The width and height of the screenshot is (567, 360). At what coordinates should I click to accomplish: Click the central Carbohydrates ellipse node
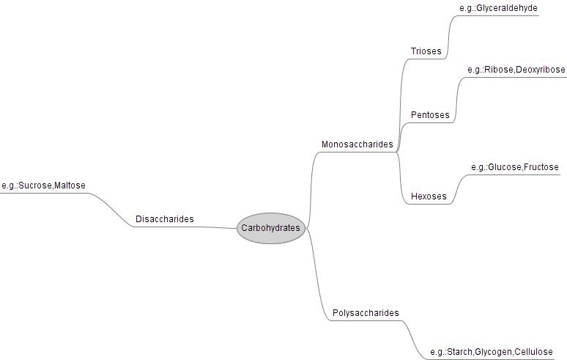(x=270, y=228)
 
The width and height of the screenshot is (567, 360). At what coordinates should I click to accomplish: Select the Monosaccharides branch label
(x=357, y=144)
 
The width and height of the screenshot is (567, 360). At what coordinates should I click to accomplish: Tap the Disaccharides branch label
(x=165, y=219)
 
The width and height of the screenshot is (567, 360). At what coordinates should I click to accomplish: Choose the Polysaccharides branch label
(x=366, y=313)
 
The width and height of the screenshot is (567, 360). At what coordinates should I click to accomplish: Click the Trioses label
(x=426, y=51)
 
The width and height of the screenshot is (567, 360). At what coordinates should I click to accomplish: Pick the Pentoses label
(x=430, y=115)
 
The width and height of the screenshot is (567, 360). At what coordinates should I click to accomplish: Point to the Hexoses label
(x=429, y=196)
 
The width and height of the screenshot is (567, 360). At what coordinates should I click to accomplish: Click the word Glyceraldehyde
(x=507, y=8)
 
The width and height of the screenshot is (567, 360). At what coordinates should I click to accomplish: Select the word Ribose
(x=498, y=70)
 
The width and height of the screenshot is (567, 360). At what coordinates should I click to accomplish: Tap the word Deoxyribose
(x=541, y=70)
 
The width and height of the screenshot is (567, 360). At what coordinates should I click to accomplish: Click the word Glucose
(x=504, y=167)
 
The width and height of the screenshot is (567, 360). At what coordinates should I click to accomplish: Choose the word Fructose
(x=541, y=167)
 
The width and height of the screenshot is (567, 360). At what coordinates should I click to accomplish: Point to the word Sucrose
(x=35, y=185)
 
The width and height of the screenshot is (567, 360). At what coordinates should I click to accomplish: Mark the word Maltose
(x=70, y=185)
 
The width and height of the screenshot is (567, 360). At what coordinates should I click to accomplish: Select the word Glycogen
(x=494, y=352)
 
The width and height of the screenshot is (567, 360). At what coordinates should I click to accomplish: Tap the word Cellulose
(x=534, y=352)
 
